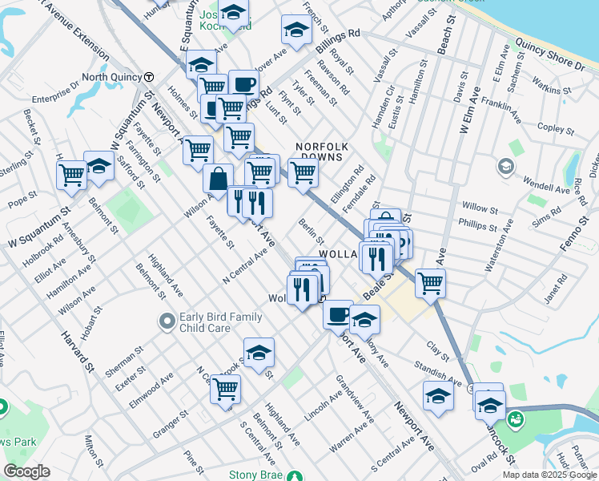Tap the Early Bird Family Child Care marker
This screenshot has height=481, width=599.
click(x=167, y=321)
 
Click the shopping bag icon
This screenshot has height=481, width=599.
click(x=218, y=180)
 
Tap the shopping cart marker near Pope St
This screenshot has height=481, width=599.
click(x=71, y=174)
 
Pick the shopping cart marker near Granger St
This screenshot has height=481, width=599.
click(x=225, y=389)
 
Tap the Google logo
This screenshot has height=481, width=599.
click(x=27, y=472)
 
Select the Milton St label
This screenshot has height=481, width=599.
click(x=94, y=451)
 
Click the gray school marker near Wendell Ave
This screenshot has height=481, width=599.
click(x=505, y=167)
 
